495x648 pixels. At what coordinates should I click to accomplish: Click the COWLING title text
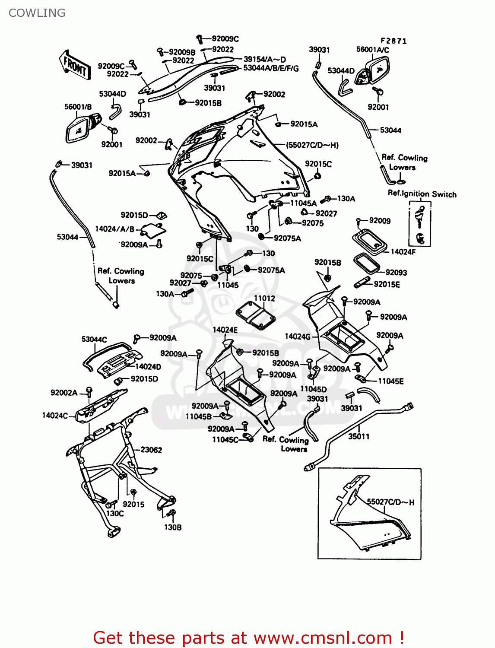(37, 13)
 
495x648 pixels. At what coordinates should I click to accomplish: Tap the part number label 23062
(151, 450)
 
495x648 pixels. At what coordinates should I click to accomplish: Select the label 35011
(359, 436)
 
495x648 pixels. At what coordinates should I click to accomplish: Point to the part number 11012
(264, 299)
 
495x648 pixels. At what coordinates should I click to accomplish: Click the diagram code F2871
(393, 41)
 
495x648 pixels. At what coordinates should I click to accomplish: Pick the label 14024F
(403, 251)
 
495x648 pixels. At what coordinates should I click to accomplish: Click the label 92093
(396, 273)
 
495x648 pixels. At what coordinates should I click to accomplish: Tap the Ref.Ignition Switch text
(422, 194)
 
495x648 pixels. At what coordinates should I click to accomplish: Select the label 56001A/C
(372, 50)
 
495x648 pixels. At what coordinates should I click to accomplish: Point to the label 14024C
(55, 416)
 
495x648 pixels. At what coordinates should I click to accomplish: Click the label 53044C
(94, 340)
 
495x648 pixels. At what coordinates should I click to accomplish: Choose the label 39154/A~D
(265, 59)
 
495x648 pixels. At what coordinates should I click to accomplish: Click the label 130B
(173, 527)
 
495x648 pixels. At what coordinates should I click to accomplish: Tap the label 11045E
(391, 381)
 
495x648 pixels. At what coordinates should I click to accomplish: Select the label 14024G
(298, 336)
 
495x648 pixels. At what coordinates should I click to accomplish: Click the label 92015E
(387, 284)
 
